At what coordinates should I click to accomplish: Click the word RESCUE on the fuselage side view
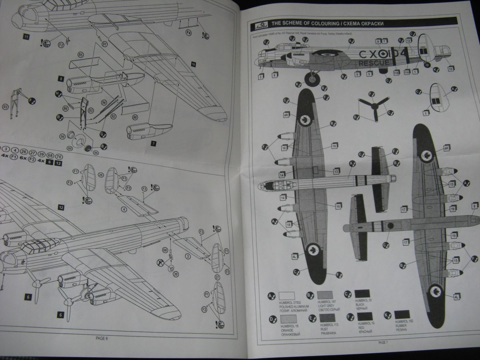[x=374, y=63]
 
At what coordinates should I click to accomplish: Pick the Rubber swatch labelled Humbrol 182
[x=402, y=314]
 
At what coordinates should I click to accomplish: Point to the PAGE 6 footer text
[x=102, y=338]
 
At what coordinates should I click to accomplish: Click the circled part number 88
[x=135, y=118]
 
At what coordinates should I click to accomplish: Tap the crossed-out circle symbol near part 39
[x=160, y=262]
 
